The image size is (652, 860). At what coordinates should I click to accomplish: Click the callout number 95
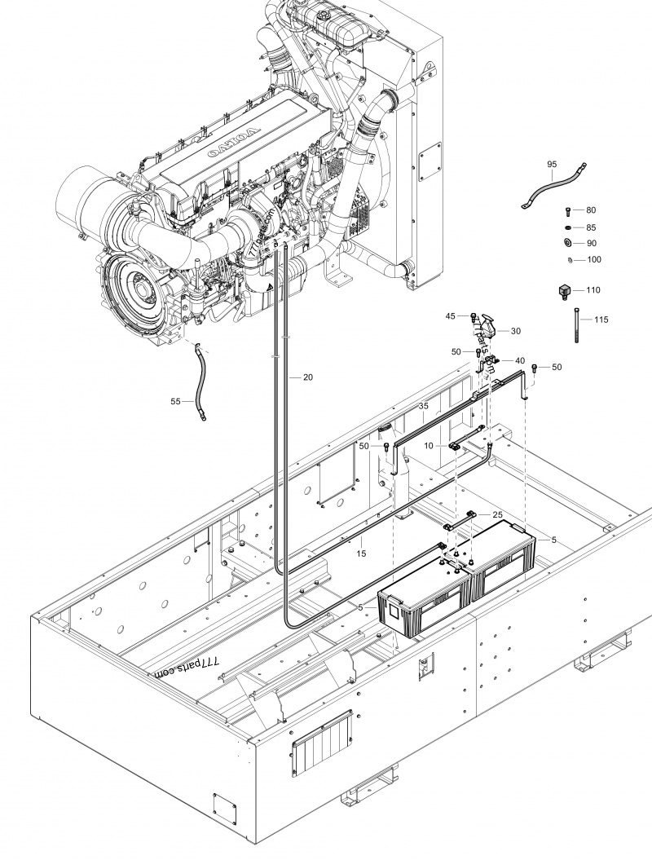552,165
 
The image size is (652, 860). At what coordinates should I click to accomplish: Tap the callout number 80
591,210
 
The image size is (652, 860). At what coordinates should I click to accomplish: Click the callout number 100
594,259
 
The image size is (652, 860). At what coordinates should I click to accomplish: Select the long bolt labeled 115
577,325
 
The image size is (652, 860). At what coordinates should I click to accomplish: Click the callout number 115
601,320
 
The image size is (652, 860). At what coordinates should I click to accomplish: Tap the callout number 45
451,315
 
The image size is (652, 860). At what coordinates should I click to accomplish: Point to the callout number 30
515,331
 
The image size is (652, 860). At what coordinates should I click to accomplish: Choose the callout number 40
519,360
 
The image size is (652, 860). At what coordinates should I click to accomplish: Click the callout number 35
423,405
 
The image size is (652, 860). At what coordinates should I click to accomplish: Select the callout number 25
497,514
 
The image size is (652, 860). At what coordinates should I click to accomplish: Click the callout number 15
361,553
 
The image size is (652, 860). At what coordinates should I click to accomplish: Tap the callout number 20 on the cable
307,377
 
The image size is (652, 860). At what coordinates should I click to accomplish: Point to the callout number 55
175,402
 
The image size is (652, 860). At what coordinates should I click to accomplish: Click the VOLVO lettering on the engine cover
242,143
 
